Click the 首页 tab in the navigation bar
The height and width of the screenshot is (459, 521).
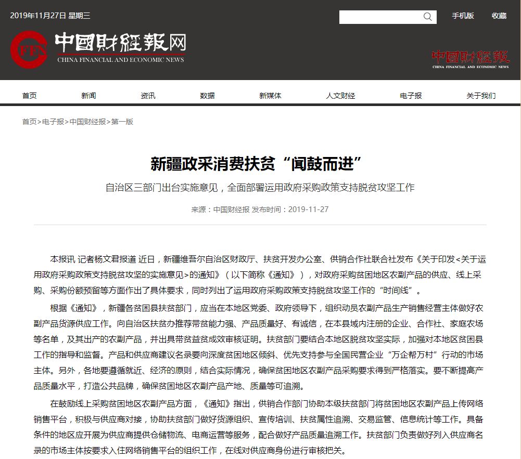[29, 96]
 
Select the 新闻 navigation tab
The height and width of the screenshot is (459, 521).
[88, 96]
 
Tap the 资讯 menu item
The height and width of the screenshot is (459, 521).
[148, 96]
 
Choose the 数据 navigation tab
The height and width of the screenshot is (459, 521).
[207, 96]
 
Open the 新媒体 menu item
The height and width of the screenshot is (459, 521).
[270, 96]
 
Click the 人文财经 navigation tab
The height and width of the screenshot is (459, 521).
[340, 96]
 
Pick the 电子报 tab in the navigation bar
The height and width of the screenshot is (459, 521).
[411, 96]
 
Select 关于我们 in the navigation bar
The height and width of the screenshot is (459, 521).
[481, 96]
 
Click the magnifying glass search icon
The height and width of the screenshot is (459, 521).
[428, 17]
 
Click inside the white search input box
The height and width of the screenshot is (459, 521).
[380, 17]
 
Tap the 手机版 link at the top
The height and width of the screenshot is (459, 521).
[463, 16]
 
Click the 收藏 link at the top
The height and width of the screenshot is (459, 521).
[499, 16]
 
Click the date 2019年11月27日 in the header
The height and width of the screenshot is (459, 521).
[38, 16]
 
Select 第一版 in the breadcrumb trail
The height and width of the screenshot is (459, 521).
[122, 122]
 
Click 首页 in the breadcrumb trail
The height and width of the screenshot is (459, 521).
[29, 122]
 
